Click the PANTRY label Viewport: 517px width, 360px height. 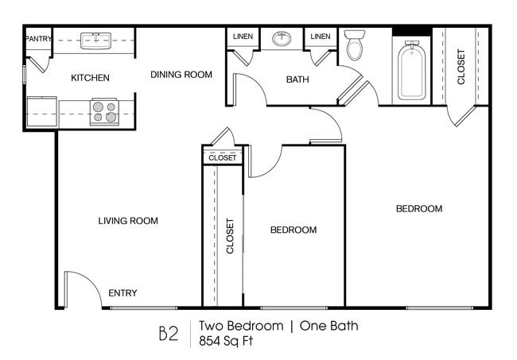tap(38, 38)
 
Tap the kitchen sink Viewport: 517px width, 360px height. tap(95, 40)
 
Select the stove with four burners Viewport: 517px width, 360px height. tap(103, 111)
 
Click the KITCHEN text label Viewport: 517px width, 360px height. tap(90, 78)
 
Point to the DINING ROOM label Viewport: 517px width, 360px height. tap(181, 75)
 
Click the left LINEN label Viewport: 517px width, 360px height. tap(243, 37)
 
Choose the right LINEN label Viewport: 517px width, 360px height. tap(321, 37)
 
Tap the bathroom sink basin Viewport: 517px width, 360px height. tap(282, 38)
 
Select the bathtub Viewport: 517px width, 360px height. tap(412, 71)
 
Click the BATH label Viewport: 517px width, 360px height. tap(298, 79)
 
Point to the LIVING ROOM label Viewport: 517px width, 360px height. tap(128, 221)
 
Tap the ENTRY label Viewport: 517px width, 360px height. tap(122, 293)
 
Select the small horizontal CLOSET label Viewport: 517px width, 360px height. tap(223, 157)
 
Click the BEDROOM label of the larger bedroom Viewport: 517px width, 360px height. tap(418, 209)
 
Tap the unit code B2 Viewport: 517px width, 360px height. tap(168, 333)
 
